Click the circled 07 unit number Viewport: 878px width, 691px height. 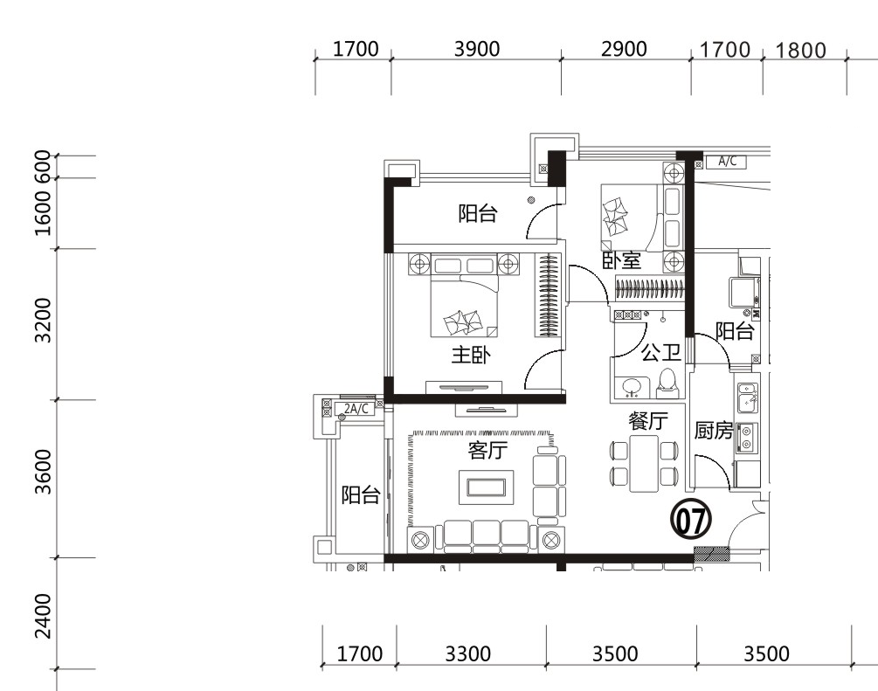click(691, 520)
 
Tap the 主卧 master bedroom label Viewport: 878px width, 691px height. click(471, 355)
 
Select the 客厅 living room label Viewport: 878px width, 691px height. click(487, 450)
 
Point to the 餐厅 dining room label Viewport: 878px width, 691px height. click(648, 421)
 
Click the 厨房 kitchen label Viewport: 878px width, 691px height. click(714, 430)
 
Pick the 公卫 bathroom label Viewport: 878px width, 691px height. click(661, 352)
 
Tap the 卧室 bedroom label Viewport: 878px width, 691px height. click(621, 260)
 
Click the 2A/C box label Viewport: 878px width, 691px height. click(356, 409)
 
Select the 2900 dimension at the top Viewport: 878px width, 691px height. click(624, 49)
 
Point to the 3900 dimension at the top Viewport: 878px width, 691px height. click(476, 49)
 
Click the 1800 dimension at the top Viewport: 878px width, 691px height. click(801, 51)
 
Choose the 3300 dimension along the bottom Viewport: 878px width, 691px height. click(467, 653)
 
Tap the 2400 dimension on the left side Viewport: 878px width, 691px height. click(43, 616)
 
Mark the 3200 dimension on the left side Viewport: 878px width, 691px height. click(43, 321)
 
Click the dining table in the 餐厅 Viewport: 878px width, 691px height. click(644, 463)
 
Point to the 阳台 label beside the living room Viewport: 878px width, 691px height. click(361, 495)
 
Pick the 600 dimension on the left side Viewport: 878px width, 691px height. click(43, 166)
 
